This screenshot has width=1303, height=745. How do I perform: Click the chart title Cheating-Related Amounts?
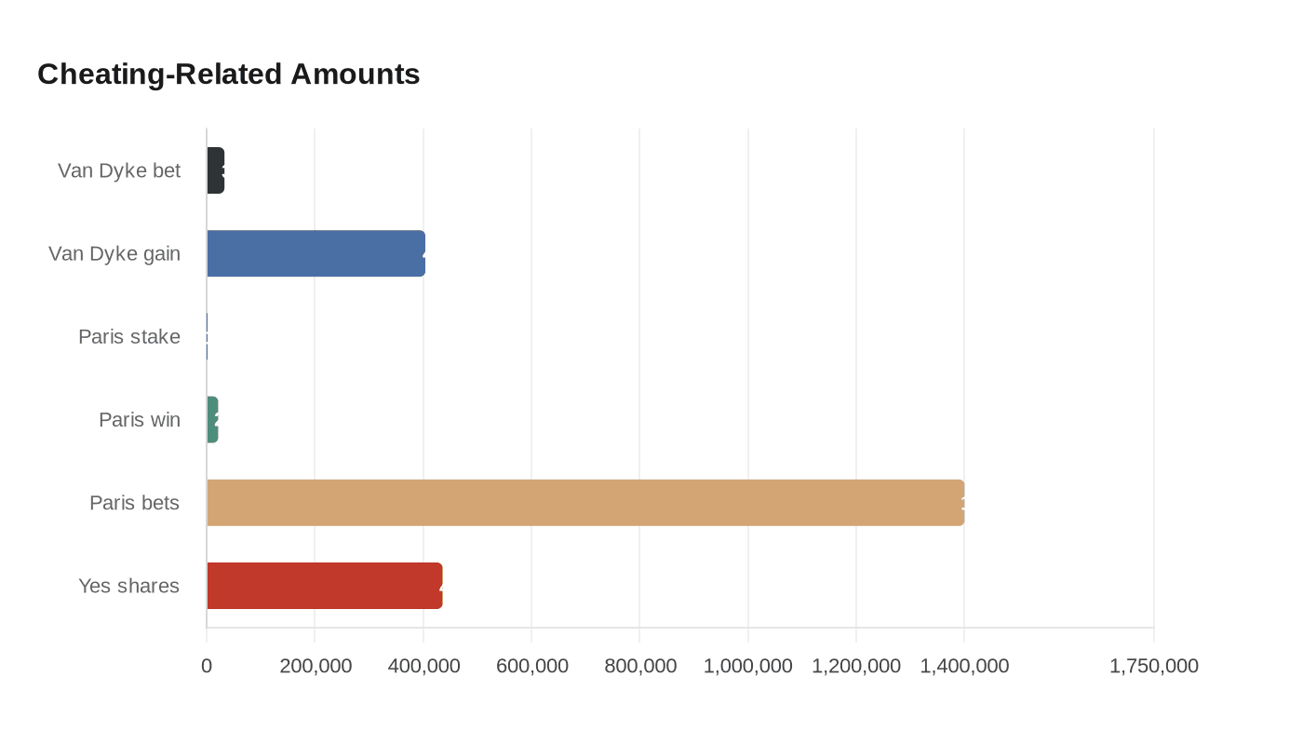click(229, 74)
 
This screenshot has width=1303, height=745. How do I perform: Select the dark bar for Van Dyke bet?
click(216, 170)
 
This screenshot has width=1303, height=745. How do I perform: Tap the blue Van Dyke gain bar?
click(316, 253)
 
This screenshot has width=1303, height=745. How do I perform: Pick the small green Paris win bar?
click(212, 420)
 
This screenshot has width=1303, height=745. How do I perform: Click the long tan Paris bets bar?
click(584, 503)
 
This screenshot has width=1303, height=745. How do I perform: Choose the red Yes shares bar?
click(324, 586)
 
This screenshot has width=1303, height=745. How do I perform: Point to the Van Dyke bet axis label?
click(119, 170)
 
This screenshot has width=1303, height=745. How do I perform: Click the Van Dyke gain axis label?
click(114, 253)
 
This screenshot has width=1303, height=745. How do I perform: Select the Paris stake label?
click(129, 336)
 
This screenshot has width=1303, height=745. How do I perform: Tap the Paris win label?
click(140, 420)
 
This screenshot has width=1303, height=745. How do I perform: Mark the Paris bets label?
click(134, 503)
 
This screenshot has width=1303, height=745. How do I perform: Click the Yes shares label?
click(128, 586)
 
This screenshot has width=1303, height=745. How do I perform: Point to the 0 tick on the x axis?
click(207, 666)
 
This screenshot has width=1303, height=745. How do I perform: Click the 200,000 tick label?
click(316, 666)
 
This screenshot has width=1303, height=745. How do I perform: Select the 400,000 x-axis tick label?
click(423, 666)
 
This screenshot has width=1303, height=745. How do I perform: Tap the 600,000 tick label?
click(531, 666)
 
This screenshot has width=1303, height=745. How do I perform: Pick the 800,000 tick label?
click(640, 666)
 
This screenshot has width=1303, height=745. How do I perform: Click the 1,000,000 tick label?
click(748, 666)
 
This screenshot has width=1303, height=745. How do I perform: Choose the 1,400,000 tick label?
click(964, 666)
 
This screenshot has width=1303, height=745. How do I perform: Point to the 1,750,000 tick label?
click(1154, 666)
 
